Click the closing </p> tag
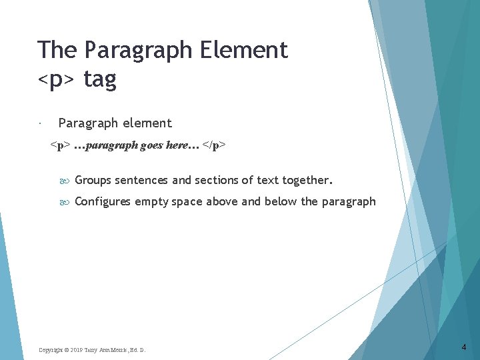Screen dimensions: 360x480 coord(215,145)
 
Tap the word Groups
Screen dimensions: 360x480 coord(93,180)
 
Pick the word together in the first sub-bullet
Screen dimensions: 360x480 coord(307,180)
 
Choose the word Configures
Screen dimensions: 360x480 coord(103,201)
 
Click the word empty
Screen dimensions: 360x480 coord(151,201)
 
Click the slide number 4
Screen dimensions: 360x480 coord(464,347)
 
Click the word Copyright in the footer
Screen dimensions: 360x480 coord(51,350)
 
